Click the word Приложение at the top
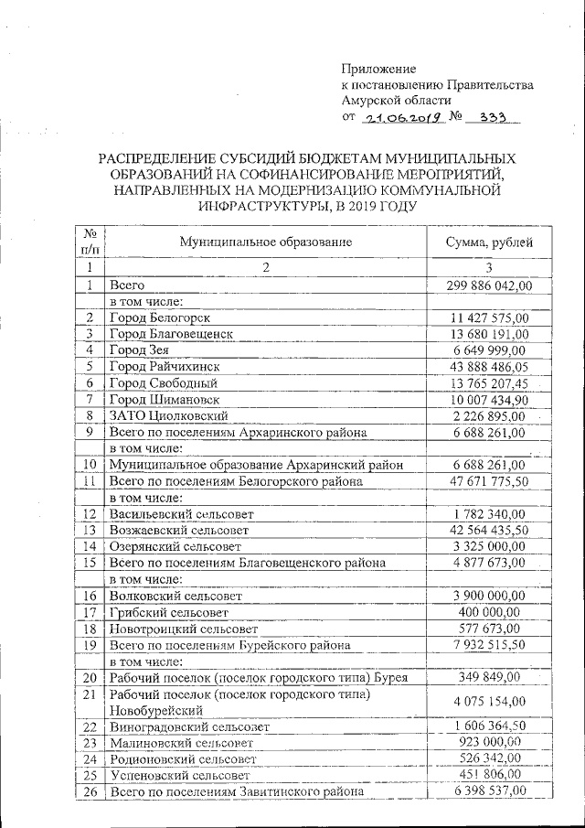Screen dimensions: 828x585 coord(378,69)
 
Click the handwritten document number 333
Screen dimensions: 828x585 coord(484,118)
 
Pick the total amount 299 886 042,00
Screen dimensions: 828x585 coord(489,285)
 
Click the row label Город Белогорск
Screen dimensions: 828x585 coord(160,317)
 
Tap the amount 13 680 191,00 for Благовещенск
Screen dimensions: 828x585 coord(489,334)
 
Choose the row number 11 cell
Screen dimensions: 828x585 coord(90,480)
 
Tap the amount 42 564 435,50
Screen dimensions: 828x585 coord(489,530)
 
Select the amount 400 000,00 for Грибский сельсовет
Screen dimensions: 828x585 coord(489,611)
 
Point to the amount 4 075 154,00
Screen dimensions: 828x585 coord(489,702)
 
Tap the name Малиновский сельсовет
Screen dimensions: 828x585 coord(180,743)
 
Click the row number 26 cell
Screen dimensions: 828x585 coord(90,790)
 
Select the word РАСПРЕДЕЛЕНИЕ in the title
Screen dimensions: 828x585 coord(160,158)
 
